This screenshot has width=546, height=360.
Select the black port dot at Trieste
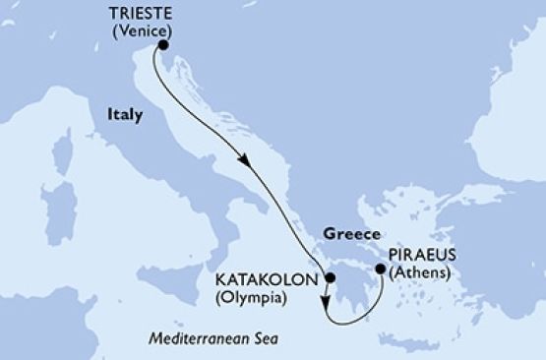tap(163, 45)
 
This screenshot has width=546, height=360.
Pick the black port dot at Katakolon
tap(328, 280)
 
